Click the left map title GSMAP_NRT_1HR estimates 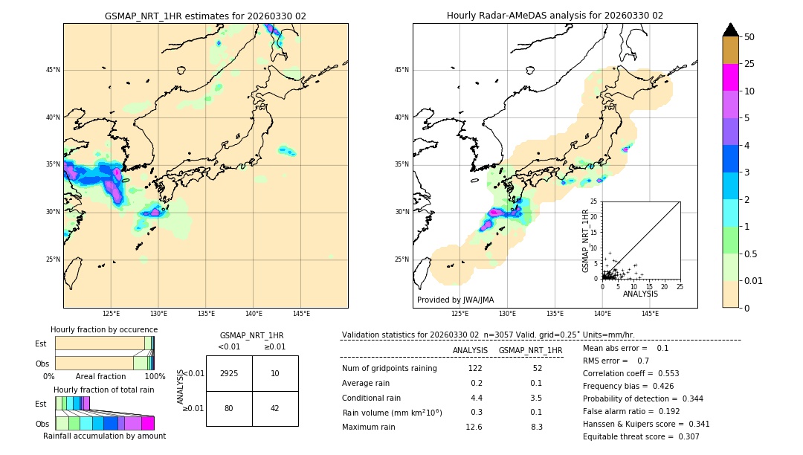pyautogui.click(x=205, y=16)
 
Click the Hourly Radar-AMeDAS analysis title pyautogui.click(x=555, y=16)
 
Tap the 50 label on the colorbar pyautogui.click(x=749, y=37)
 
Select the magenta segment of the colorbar pyautogui.click(x=731, y=77)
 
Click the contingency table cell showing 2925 pyautogui.click(x=229, y=373)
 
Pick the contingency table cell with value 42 pyautogui.click(x=275, y=408)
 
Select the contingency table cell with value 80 pyautogui.click(x=229, y=408)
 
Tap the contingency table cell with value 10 pyautogui.click(x=275, y=373)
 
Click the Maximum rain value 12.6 pyautogui.click(x=474, y=427)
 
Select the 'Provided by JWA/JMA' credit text pyautogui.click(x=455, y=300)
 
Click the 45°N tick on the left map pyautogui.click(x=53, y=71)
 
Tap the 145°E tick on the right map pyautogui.click(x=650, y=314)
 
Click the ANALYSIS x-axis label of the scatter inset pyautogui.click(x=640, y=294)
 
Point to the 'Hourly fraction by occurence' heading pyautogui.click(x=104, y=329)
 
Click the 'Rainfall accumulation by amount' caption pyautogui.click(x=104, y=436)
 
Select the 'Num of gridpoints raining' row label pyautogui.click(x=389, y=369)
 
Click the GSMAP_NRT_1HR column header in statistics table pyautogui.click(x=530, y=350)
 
